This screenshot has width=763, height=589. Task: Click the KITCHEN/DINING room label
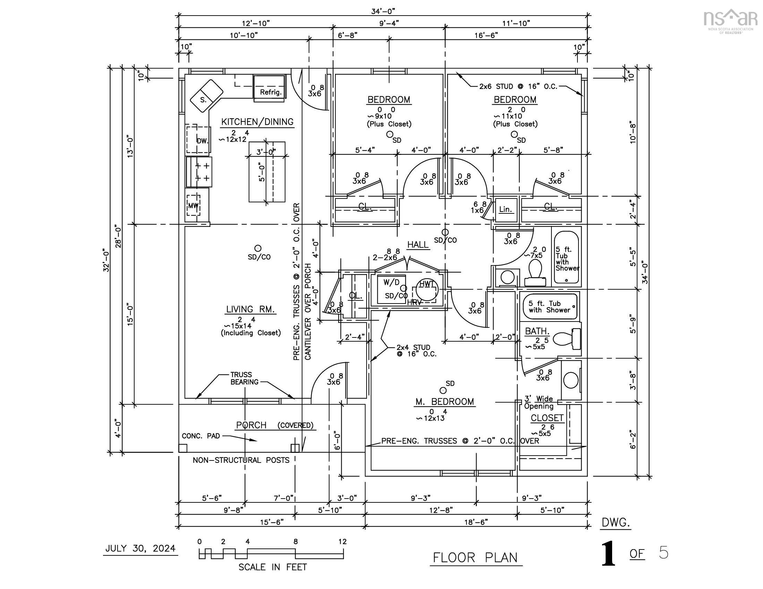(257, 122)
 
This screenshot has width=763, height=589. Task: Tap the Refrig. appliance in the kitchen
(270, 92)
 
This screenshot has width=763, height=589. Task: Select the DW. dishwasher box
(202, 141)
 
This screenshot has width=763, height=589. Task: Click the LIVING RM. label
(251, 309)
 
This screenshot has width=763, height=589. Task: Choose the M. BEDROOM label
(445, 402)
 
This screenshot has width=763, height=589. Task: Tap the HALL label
(418, 245)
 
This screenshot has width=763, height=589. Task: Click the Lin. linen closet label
(505, 209)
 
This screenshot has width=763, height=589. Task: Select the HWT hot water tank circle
(426, 289)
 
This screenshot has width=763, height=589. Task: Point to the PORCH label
(251, 425)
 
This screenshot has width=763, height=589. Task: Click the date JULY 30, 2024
(140, 548)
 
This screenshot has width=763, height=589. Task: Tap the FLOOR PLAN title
(475, 557)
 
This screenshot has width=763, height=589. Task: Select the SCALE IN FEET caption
(273, 567)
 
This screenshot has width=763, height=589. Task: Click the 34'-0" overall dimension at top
(383, 11)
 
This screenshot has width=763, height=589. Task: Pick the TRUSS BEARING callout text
(244, 378)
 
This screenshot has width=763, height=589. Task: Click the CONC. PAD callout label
(201, 436)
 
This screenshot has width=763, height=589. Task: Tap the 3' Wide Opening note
(539, 402)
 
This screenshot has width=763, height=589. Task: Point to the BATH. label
(537, 331)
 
